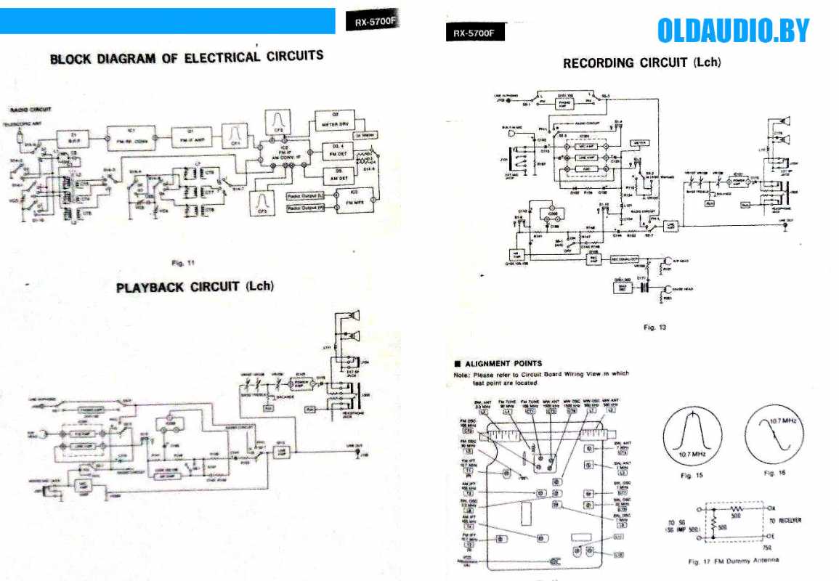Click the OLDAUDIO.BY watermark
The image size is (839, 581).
[732, 31]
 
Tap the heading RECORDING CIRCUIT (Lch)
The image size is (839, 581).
[641, 63]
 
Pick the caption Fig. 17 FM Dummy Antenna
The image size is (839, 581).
[734, 561]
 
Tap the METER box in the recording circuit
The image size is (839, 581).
[639, 142]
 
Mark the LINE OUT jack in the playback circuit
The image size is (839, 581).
[356, 454]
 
